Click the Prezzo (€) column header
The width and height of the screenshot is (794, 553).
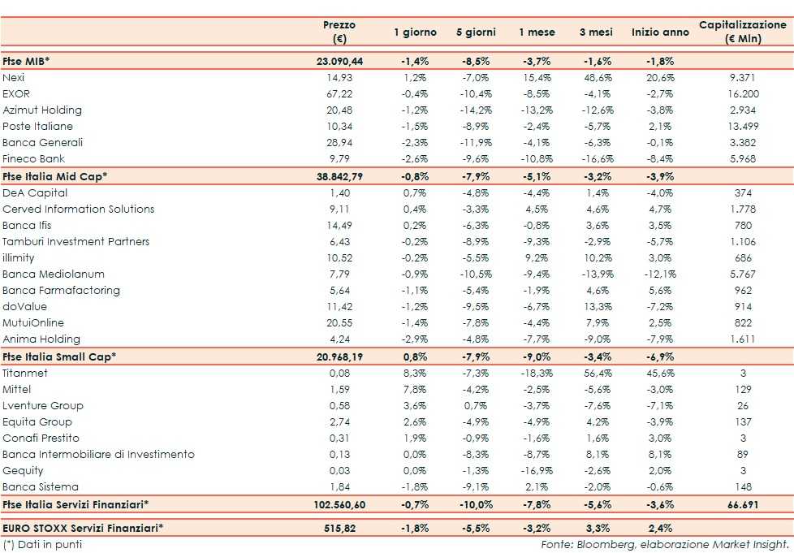339,32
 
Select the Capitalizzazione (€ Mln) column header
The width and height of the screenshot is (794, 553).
742,32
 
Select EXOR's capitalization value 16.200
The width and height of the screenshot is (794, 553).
742,93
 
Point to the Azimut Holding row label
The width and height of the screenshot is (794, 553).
42,110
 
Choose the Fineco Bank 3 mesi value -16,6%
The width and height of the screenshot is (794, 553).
598,158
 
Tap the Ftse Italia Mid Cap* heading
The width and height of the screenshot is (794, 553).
55,176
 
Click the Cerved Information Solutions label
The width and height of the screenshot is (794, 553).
78,209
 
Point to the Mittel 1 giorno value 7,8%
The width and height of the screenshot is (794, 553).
415,389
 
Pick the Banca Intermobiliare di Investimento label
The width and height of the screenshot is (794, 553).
98,454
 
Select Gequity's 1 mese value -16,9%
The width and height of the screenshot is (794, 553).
537,470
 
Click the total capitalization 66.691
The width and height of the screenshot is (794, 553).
742,504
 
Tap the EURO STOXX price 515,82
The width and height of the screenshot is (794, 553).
339,528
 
